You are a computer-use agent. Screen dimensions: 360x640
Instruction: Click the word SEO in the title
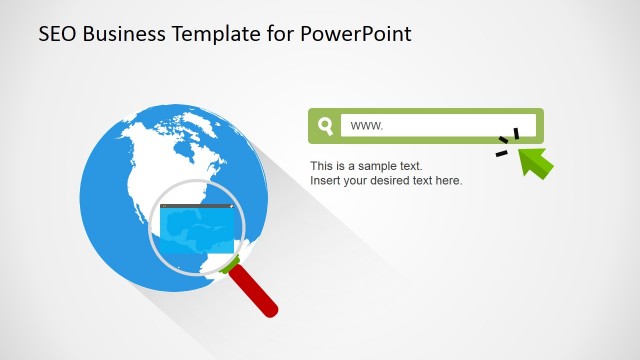point(57,34)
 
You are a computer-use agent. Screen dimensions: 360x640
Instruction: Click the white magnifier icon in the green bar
point(325,126)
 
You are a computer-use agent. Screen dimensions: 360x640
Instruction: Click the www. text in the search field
point(367,126)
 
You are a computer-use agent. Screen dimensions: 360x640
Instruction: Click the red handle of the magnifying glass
point(256,292)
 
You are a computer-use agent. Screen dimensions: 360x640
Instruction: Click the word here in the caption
point(449,181)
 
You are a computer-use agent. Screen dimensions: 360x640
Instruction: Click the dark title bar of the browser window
point(198,207)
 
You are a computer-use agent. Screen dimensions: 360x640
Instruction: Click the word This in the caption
point(321,165)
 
